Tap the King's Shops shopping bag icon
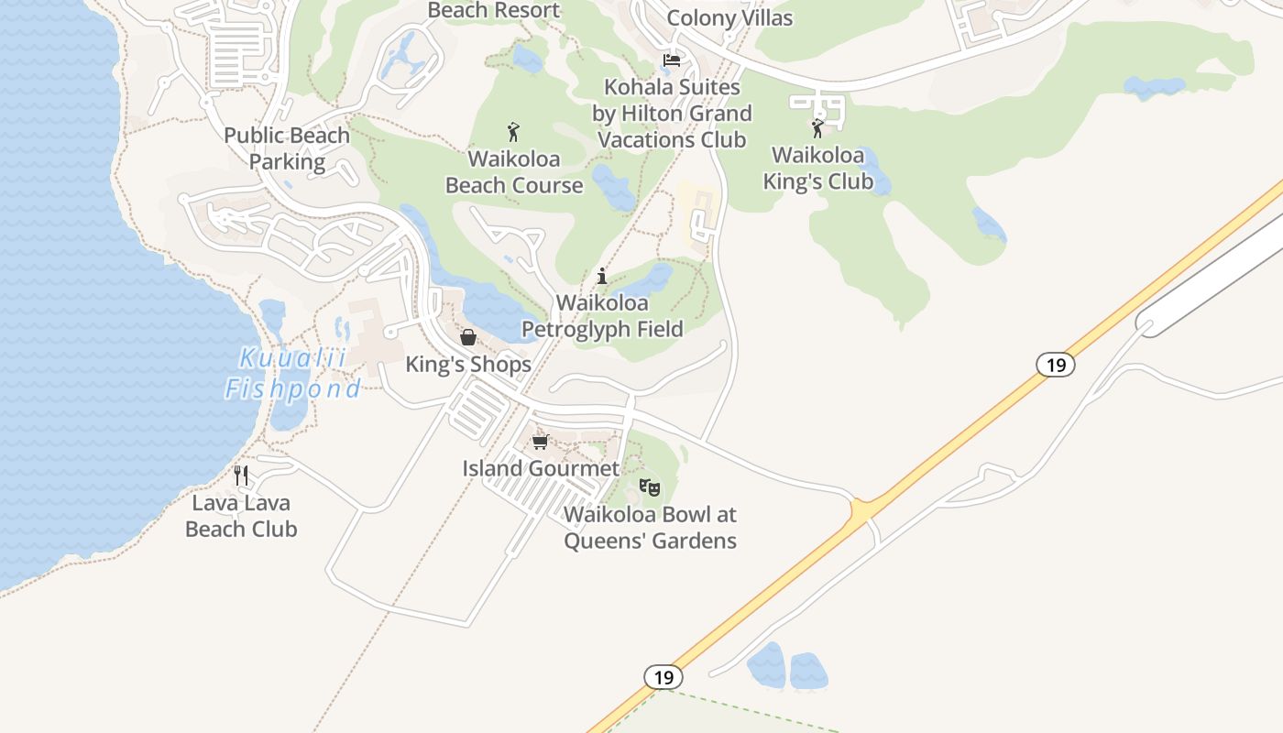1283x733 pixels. pos(467,337)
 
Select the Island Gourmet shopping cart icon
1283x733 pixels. pos(541,442)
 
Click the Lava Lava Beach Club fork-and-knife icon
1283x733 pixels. pos(241,475)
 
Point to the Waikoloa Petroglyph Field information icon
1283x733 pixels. pos(602,276)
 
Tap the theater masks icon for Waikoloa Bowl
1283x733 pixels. pos(650,487)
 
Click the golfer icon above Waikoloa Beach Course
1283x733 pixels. pos(513,132)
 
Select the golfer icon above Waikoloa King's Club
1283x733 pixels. pos(817,128)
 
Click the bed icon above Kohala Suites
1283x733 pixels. pos(672,60)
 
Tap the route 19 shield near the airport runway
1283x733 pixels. pos(1056,365)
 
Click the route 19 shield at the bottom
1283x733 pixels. pos(663,677)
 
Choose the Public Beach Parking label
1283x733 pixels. pos(287,148)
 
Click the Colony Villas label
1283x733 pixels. pos(729,17)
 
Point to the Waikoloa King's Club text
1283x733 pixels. pos(818,168)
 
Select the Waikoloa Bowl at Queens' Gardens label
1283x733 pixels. pos(650,528)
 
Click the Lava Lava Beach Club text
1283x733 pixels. pos(241,516)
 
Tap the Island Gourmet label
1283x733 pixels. pos(541,468)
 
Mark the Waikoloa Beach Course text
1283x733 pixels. pos(514,171)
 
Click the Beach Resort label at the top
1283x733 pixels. pos(493,10)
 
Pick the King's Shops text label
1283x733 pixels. pos(468,364)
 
